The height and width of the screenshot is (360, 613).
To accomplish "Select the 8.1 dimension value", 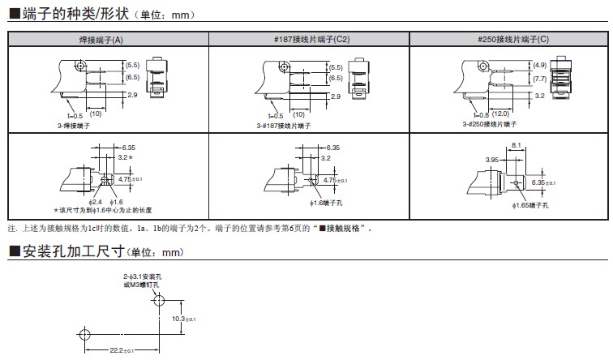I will [517, 146].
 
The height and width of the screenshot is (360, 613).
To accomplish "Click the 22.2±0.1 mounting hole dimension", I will [120, 350].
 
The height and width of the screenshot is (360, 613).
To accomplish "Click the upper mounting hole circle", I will [158, 302].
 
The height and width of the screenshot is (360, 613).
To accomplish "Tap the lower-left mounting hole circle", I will [83, 334].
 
